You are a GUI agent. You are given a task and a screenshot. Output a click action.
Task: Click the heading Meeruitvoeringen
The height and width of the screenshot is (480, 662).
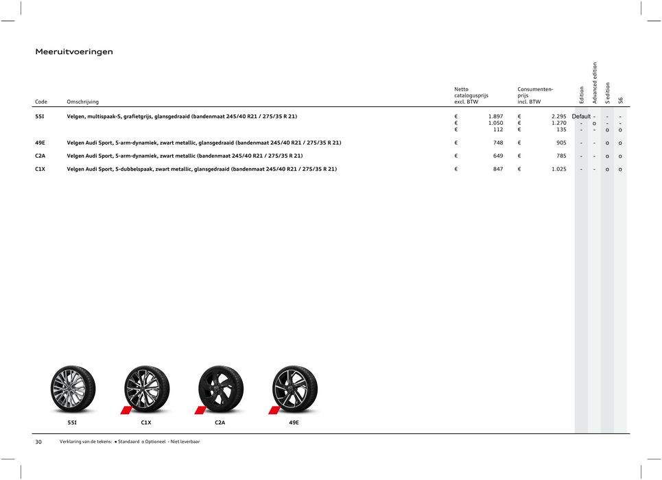[x=74, y=51]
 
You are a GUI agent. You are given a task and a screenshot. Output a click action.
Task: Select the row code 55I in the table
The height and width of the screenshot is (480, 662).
[x=40, y=117]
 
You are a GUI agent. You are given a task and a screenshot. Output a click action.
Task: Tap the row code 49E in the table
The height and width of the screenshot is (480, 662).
[x=40, y=143]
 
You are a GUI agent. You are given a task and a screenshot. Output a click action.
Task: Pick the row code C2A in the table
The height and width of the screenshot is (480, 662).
[x=40, y=156]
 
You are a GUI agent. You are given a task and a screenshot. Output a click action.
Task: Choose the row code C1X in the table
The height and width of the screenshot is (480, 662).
[x=40, y=169]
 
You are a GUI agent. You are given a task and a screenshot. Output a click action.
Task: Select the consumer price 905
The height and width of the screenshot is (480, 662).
[x=560, y=143]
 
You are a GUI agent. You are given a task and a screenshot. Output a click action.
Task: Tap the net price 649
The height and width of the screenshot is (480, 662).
[x=497, y=156]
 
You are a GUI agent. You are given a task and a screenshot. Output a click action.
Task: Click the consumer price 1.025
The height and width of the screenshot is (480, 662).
[x=558, y=169]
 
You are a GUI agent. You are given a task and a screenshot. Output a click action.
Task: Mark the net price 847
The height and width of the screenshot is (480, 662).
[x=497, y=169]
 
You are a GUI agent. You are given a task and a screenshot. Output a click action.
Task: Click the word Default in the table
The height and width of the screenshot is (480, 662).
[x=580, y=117]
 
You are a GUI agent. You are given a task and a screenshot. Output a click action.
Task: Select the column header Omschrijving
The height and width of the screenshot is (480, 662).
[x=82, y=102]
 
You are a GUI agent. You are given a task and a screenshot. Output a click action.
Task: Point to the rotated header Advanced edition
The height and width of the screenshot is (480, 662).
[x=595, y=83]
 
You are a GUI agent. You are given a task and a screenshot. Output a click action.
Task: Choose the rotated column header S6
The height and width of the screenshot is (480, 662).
[x=621, y=100]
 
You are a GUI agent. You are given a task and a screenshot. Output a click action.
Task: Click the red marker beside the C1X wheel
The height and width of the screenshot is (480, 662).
[x=126, y=410]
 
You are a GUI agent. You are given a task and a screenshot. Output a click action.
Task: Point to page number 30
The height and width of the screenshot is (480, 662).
[x=38, y=442]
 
